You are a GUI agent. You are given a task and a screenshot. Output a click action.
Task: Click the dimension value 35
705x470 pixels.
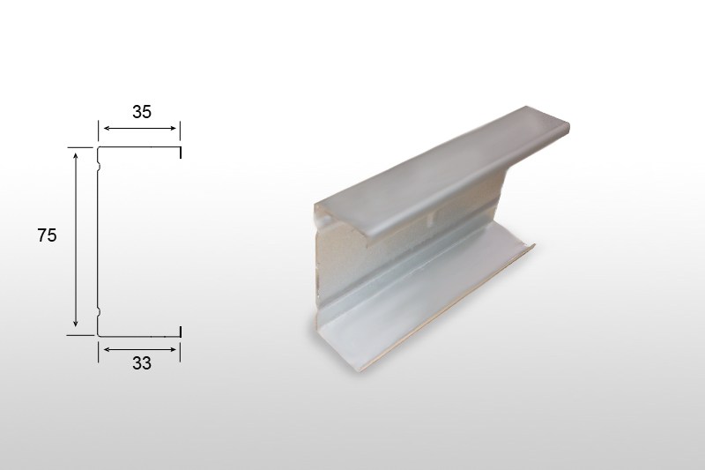click(x=142, y=112)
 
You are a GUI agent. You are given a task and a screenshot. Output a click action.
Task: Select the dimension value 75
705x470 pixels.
click(x=48, y=235)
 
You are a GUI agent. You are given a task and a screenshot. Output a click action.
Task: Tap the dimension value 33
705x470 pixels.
click(x=142, y=363)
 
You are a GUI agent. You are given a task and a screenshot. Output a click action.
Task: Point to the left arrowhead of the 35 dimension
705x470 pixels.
click(x=107, y=128)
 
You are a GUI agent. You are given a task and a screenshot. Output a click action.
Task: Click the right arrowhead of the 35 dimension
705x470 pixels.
click(x=173, y=128)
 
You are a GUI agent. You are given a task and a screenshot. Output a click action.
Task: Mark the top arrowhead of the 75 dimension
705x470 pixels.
click(x=76, y=155)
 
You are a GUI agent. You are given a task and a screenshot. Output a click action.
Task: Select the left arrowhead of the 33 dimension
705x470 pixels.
click(x=107, y=349)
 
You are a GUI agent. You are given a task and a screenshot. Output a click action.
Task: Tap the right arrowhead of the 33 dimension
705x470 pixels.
click(x=173, y=349)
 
